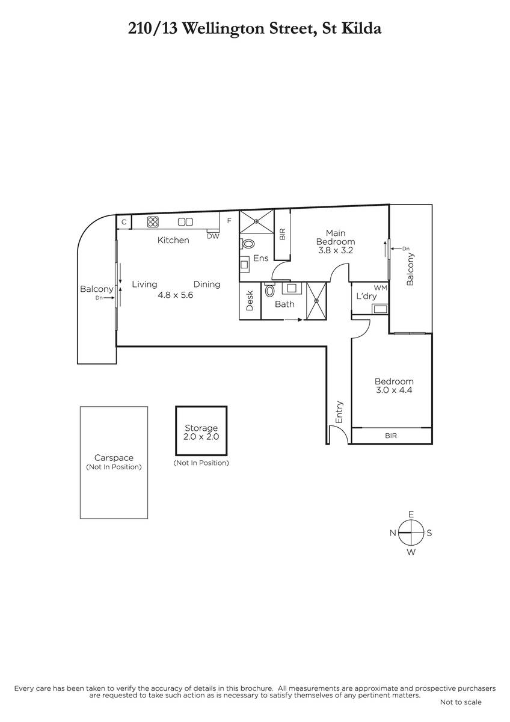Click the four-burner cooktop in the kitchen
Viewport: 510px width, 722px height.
(153, 221)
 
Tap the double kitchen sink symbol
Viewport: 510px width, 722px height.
(185, 222)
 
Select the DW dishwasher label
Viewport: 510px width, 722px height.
(213, 236)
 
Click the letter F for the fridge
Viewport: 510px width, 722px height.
(229, 221)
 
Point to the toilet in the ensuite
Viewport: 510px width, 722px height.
(247, 243)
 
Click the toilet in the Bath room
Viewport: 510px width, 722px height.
(269, 291)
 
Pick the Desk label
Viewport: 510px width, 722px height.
(250, 301)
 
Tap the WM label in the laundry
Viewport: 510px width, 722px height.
(381, 288)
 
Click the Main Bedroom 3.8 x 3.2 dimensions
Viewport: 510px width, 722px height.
(336, 250)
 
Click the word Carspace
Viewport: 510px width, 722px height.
(114, 458)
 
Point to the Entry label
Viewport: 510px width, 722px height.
(339, 412)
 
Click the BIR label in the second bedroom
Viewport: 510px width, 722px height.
(391, 436)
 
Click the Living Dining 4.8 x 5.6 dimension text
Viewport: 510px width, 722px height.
(175, 295)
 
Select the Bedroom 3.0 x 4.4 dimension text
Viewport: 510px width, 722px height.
(394, 390)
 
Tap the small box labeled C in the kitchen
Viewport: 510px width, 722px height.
(124, 222)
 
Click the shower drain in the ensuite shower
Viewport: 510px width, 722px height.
(256, 221)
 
